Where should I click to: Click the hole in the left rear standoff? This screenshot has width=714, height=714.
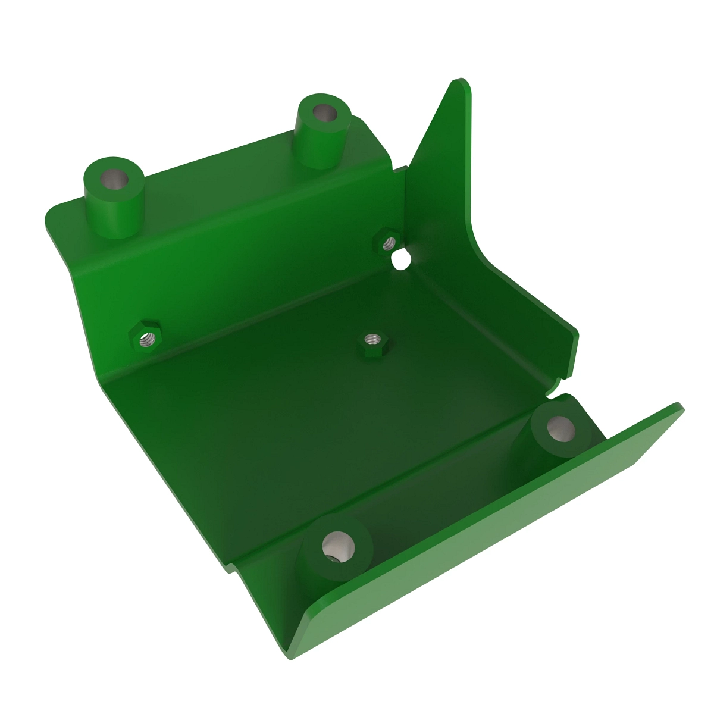tap(113, 178)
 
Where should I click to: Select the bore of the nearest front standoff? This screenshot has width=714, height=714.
tap(337, 545)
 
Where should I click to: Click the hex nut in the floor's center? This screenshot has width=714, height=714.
tap(373, 341)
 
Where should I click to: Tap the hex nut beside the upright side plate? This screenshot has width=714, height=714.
tap(388, 242)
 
